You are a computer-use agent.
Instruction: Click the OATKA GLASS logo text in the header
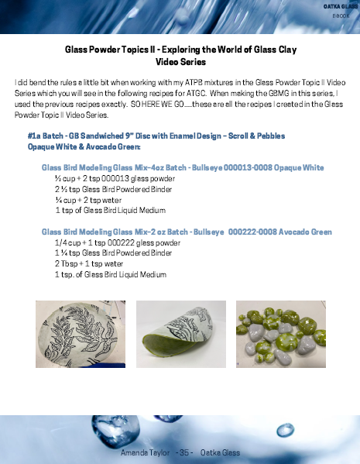tap(337, 6)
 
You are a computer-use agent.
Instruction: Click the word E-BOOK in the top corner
tap(341, 15)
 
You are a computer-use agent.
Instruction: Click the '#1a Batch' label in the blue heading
tap(45, 136)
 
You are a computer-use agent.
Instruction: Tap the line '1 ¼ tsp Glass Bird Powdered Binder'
tap(113, 253)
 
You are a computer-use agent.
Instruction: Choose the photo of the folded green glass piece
tap(180, 334)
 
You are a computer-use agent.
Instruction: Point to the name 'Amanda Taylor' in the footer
tap(145, 452)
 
